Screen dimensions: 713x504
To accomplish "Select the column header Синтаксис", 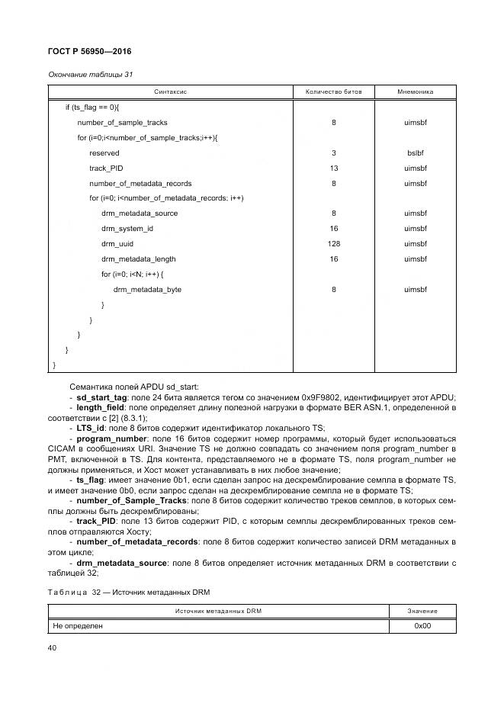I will [x=170, y=92].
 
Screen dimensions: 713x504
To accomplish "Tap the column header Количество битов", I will [x=334, y=92].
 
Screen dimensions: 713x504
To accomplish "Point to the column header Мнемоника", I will [x=415, y=92].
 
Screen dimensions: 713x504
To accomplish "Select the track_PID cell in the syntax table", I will [x=107, y=168].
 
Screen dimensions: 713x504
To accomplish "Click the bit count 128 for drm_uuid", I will [x=334, y=244].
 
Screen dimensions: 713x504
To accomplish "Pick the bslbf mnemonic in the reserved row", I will [x=415, y=153].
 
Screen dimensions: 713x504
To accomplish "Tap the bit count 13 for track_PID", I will [x=334, y=168].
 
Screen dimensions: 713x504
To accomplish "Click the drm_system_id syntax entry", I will [x=127, y=229].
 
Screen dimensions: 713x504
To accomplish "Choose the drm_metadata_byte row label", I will [x=147, y=290].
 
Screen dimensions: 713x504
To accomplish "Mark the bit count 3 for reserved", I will [x=334, y=153].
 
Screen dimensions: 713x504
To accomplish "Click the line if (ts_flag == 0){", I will [x=98, y=107].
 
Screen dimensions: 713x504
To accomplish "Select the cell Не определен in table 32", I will [x=78, y=625].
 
